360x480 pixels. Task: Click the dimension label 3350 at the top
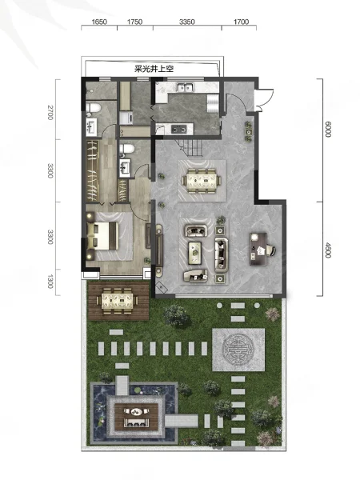pos(186,22)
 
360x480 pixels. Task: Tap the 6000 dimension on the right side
pos(328,130)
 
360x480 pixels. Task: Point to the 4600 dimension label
pos(328,250)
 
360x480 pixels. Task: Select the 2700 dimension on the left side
pos(50,112)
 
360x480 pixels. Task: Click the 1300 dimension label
pos(50,282)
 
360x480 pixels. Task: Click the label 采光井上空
pos(154,69)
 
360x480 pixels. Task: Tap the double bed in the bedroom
pos(102,236)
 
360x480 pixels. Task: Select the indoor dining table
pos(202,181)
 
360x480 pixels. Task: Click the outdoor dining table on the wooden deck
pos(118,301)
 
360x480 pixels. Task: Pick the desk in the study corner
pos(258,249)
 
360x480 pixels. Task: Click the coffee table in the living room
pos(194,253)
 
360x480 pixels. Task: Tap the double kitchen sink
pos(185,88)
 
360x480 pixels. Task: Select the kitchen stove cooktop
pos(178,129)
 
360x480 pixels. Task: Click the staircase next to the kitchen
pos(190,147)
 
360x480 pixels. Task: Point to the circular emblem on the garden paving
pos(238,350)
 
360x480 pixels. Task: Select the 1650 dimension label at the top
pos(99,22)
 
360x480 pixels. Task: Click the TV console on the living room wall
pos(158,250)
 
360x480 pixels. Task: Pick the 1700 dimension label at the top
pos(241,22)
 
